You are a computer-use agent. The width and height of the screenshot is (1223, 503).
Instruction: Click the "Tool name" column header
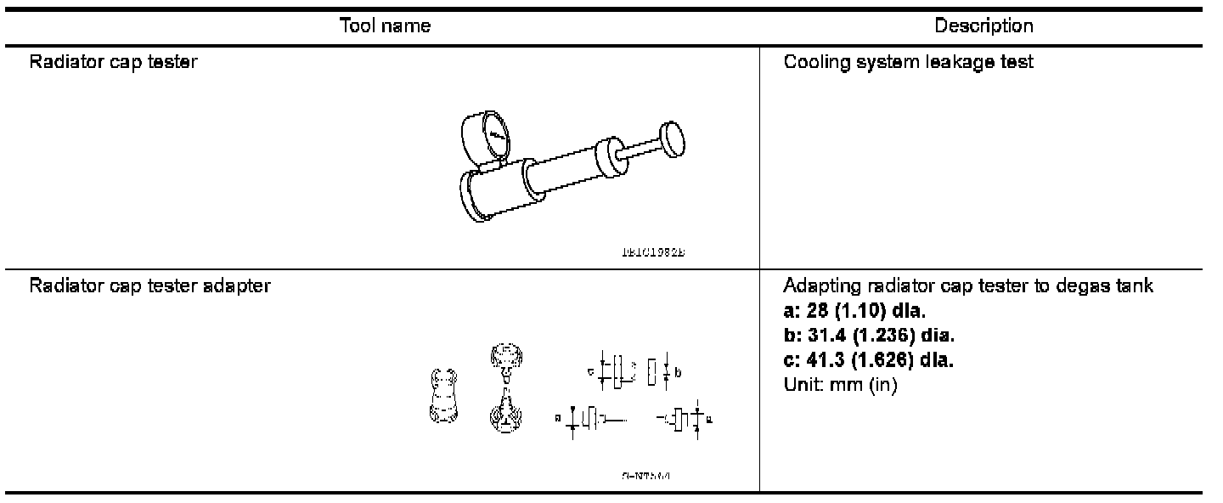tap(385, 26)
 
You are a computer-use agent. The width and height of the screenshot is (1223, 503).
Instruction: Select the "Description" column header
tap(983, 26)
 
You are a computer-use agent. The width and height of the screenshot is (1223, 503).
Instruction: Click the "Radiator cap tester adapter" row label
tap(150, 285)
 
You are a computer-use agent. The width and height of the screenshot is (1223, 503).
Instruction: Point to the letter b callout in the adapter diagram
tap(678, 371)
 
